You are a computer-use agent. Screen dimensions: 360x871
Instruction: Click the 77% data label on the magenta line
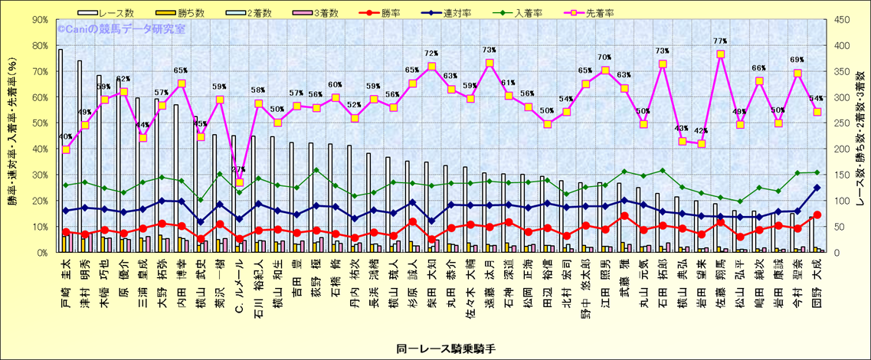(720, 41)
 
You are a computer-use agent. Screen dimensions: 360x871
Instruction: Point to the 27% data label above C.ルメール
(238, 170)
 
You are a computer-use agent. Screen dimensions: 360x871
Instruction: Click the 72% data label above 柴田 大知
(432, 54)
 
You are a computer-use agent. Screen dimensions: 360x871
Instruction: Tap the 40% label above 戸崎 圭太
(66, 138)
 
